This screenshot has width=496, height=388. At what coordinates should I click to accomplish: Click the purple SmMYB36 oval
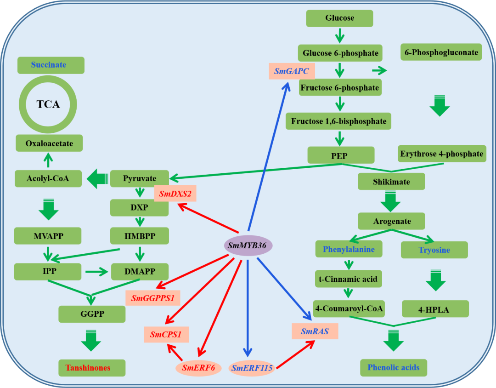click(248, 245)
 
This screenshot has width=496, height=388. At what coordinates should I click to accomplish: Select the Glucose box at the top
click(339, 18)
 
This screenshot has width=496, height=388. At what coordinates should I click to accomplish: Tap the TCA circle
click(48, 104)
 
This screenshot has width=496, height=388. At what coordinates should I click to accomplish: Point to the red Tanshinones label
click(92, 368)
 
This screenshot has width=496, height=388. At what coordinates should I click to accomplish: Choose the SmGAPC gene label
click(292, 71)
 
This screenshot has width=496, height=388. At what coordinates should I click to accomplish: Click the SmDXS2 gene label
click(175, 194)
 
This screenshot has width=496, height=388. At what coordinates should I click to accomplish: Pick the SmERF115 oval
click(252, 368)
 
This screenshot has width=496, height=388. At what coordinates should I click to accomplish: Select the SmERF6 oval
click(198, 368)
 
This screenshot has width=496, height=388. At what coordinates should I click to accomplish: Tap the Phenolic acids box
click(394, 367)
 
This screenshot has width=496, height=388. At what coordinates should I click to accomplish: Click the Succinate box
click(51, 65)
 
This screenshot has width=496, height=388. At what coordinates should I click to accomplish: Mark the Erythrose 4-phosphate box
click(441, 154)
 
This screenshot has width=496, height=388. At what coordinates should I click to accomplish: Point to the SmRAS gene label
click(315, 331)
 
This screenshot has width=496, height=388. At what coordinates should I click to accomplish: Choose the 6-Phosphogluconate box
click(441, 52)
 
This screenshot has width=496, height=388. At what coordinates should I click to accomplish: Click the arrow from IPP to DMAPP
click(96, 272)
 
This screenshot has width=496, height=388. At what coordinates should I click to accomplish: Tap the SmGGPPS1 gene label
click(152, 298)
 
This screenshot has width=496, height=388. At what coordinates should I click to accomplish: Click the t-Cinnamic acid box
click(348, 279)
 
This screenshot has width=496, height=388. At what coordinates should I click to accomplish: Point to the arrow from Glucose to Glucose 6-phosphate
click(339, 35)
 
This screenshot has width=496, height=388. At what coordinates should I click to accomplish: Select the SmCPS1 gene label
click(166, 334)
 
